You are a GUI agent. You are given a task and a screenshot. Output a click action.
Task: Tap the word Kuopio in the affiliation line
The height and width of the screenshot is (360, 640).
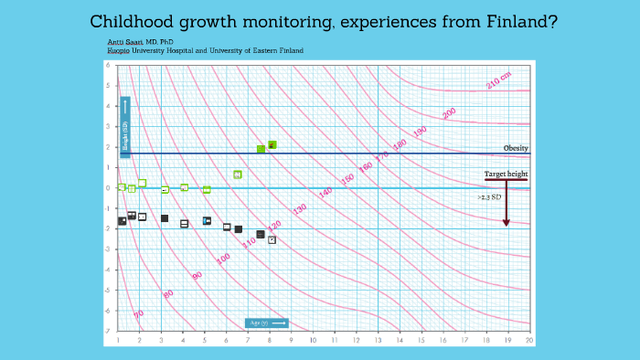point(119,50)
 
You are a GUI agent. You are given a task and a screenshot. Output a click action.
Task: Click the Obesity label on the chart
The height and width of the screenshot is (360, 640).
point(516,148)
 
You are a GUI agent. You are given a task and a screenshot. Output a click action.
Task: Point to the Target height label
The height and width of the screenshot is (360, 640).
point(506,174)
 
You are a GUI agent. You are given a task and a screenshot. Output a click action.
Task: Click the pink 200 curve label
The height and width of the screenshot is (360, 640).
point(449,113)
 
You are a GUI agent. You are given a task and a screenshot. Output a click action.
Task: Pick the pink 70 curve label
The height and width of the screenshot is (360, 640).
point(139,313)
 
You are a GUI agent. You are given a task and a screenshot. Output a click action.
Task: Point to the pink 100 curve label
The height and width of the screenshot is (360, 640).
point(223,259)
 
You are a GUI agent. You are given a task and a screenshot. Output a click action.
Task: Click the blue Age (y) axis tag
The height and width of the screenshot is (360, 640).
point(267,323)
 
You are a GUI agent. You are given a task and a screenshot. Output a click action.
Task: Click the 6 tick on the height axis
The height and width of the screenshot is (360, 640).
point(108,66)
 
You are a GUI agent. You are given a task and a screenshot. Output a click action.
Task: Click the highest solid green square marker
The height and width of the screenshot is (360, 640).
point(272,144)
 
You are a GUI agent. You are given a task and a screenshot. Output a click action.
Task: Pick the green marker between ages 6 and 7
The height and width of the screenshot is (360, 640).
point(238,175)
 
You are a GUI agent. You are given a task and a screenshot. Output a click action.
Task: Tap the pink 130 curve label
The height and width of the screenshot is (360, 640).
point(300,209)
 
